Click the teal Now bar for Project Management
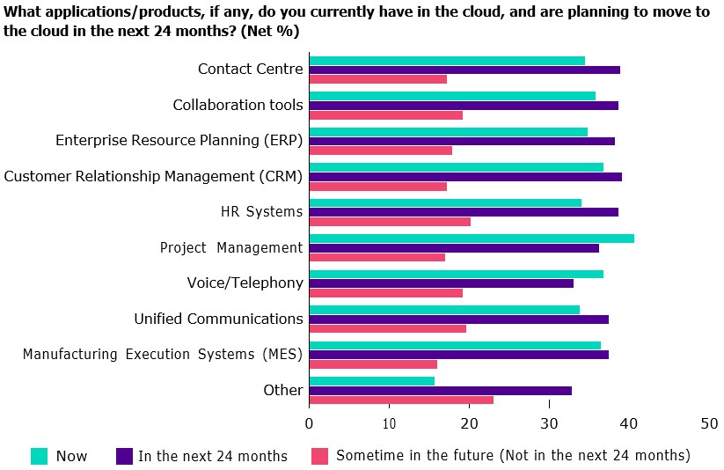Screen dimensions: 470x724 point(472,239)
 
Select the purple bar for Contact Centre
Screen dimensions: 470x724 point(464,70)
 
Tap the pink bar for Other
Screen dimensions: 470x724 point(401,400)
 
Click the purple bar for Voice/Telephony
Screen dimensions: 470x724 point(442,283)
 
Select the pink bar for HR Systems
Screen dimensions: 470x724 point(390,222)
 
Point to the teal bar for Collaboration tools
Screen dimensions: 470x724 point(452,96)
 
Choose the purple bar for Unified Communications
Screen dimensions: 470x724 point(459,319)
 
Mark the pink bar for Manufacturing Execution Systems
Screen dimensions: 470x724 point(373,364)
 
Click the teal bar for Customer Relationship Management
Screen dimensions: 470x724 point(457,167)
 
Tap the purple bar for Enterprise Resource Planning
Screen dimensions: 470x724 point(462,141)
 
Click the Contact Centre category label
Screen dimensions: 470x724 point(250,70)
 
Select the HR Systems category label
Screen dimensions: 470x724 point(261,212)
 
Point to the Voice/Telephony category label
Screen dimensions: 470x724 point(245,283)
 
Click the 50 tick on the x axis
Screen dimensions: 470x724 point(709,423)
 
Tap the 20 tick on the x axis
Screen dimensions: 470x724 point(469,423)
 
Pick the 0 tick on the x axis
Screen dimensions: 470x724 point(310,423)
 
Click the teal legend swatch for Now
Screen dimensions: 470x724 point(39,456)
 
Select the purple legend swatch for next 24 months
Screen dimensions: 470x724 point(124,456)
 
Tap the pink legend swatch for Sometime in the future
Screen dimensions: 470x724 point(320,456)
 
